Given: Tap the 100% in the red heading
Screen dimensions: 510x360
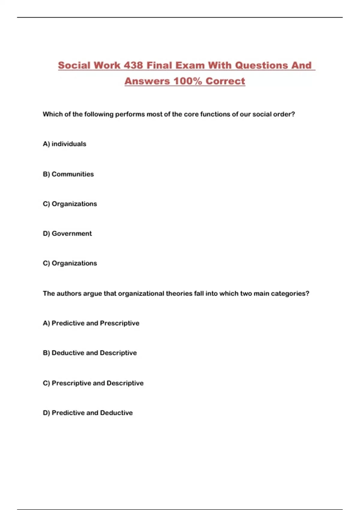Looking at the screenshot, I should [187, 81].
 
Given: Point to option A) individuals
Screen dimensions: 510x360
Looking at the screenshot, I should [64, 144].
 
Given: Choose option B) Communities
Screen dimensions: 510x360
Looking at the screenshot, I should [68, 174].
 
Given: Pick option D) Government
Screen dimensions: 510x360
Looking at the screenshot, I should [67, 233].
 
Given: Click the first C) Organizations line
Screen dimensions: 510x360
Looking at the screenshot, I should [70, 204].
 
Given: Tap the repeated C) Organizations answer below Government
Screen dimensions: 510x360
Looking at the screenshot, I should [70, 263].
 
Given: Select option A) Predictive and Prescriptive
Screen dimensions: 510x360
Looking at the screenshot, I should [91, 323].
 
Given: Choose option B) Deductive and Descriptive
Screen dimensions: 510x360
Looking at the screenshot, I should [90, 353].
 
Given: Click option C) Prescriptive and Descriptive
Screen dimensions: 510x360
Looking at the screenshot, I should [93, 383].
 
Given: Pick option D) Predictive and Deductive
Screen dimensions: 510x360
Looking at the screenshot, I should [88, 413].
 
